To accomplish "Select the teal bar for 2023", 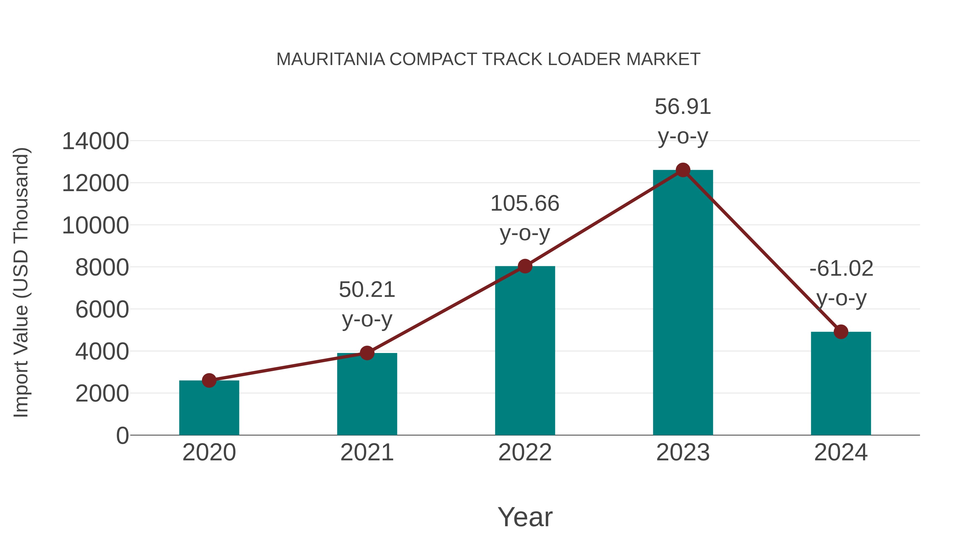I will [x=683, y=303].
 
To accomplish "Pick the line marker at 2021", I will [x=367, y=353].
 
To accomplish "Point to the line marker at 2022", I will [x=525, y=266].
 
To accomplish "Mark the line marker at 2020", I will [x=209, y=380].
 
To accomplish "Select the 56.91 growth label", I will [x=683, y=107].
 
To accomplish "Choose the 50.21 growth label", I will [x=367, y=290].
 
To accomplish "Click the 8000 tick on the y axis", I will [x=102, y=268].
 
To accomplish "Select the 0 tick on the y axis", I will [x=122, y=436].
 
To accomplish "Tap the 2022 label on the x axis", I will [x=525, y=452].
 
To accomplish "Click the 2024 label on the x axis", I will [x=841, y=452].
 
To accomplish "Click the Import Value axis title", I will [x=21, y=282].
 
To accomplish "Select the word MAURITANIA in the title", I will [x=330, y=59].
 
